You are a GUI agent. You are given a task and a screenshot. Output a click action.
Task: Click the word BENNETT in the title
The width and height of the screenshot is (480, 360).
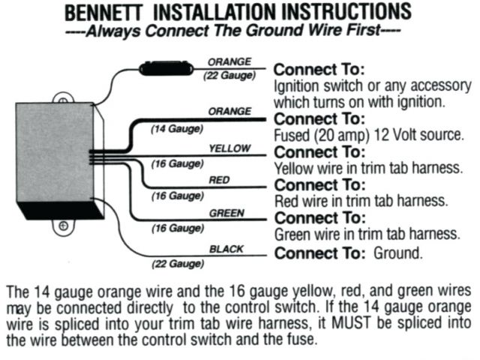coord(103,13)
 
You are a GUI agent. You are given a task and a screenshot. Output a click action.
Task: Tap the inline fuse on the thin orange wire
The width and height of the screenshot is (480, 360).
coord(166,68)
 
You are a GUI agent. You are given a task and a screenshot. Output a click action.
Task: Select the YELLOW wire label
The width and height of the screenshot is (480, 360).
coord(229,148)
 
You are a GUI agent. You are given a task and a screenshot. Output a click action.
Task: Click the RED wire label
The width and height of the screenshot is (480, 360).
coord(219,180)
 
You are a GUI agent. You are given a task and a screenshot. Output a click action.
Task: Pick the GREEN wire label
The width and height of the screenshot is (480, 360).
coord(226,213)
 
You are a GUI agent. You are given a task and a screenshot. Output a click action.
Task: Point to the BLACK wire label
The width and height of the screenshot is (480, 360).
coord(226,249)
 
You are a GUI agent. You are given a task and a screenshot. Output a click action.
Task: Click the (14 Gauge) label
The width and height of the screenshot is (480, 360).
coord(177,129)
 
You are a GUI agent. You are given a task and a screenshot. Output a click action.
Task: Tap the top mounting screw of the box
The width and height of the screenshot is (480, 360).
coord(63,100)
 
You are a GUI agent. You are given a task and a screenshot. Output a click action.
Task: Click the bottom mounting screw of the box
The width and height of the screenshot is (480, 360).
coord(63,226)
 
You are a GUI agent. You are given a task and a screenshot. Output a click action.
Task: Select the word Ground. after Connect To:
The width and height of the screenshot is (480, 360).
coord(398,253)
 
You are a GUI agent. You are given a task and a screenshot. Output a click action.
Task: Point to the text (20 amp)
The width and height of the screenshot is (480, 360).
coord(343,135)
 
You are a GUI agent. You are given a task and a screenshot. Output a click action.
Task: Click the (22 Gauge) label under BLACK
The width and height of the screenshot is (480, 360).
coord(178,264)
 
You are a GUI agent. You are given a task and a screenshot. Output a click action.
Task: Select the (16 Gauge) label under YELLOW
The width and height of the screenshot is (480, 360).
coord(177,163)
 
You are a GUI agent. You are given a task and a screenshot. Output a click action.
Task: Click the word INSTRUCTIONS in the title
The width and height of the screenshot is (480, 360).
coord(346,12)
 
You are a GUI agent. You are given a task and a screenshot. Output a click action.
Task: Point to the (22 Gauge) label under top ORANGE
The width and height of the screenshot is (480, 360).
coord(229,75)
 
